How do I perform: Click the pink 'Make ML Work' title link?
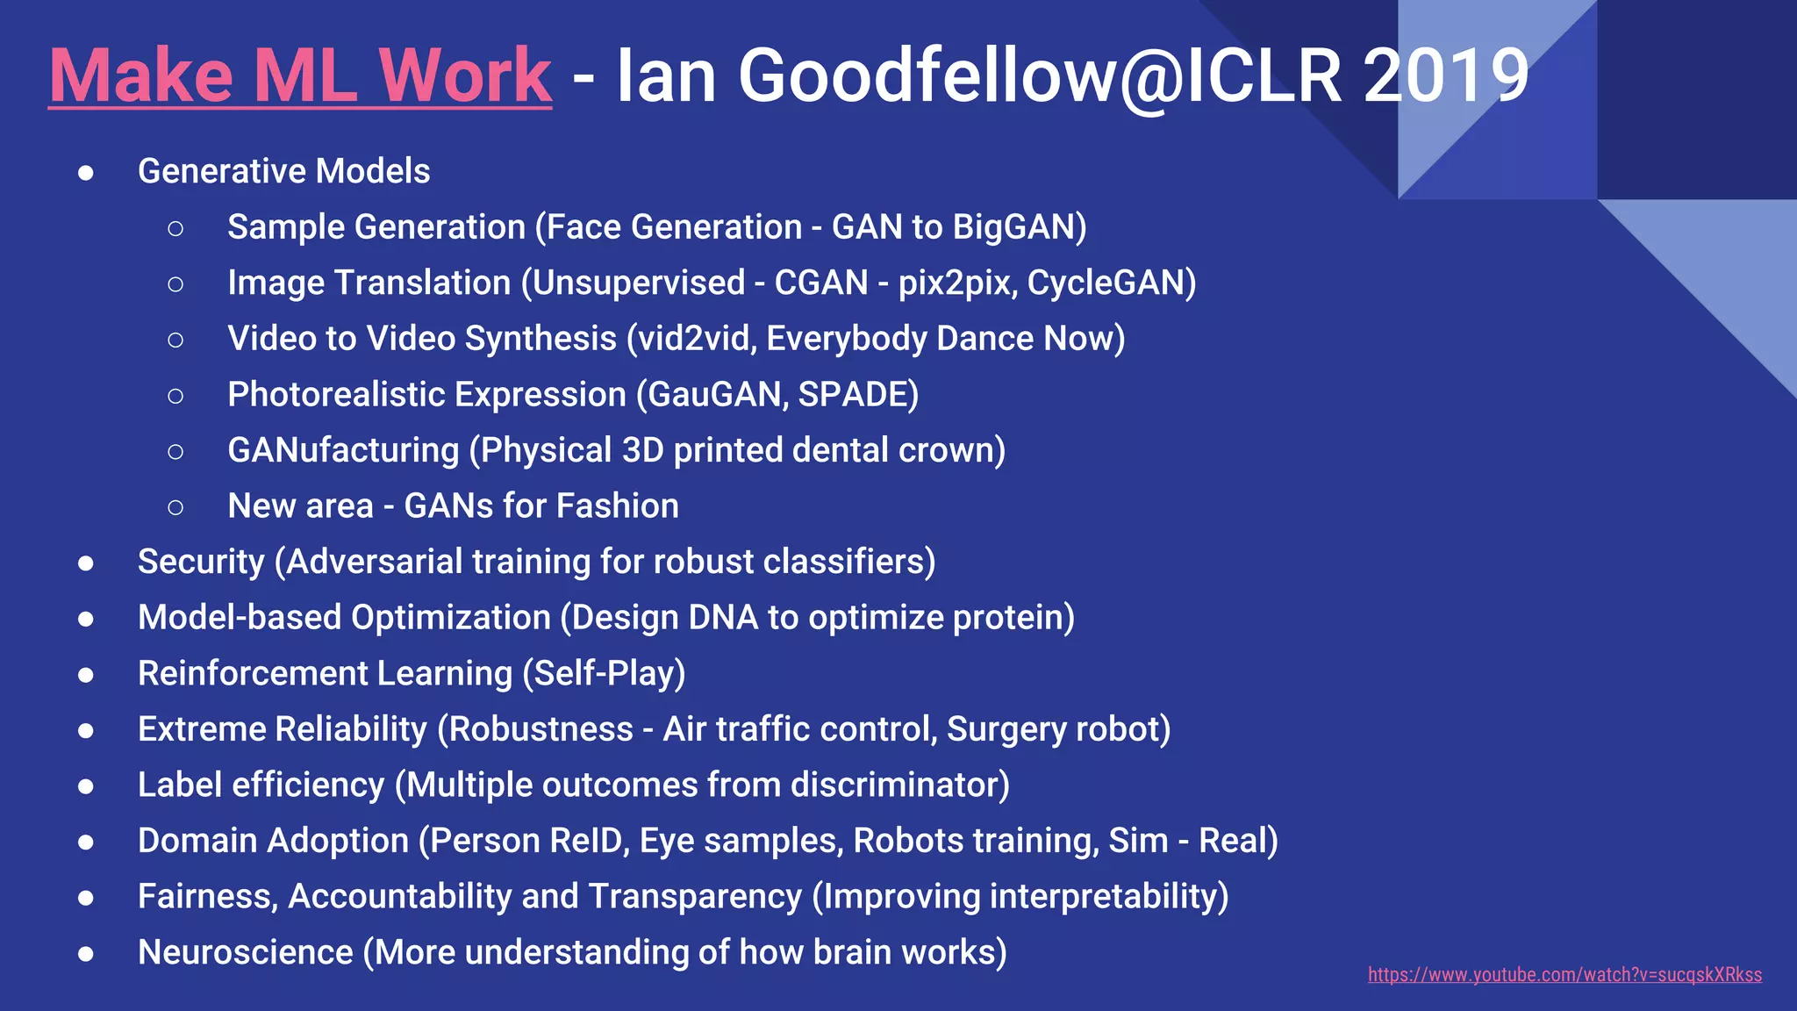tap(300, 75)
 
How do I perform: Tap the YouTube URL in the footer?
tap(1564, 974)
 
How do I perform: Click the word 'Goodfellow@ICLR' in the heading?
tap(1040, 75)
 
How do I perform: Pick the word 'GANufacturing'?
tap(343, 450)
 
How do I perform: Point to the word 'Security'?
tap(201, 562)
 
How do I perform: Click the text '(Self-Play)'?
tap(604, 673)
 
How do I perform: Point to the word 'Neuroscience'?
tap(246, 952)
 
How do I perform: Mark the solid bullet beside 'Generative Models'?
tap(86, 173)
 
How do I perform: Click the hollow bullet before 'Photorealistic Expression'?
tap(175, 396)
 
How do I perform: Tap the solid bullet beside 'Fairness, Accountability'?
tap(86, 898)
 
